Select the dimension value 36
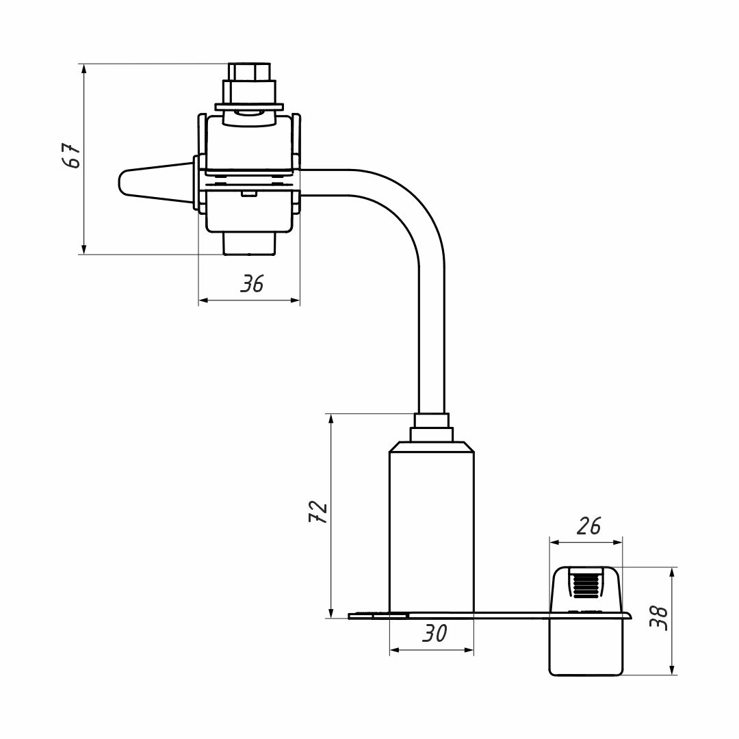(x=252, y=284)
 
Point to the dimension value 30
(x=433, y=634)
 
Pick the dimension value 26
(x=588, y=526)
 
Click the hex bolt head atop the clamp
(x=249, y=71)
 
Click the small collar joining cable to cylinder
(x=431, y=435)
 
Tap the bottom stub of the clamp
(x=250, y=244)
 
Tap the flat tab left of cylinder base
(x=369, y=616)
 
